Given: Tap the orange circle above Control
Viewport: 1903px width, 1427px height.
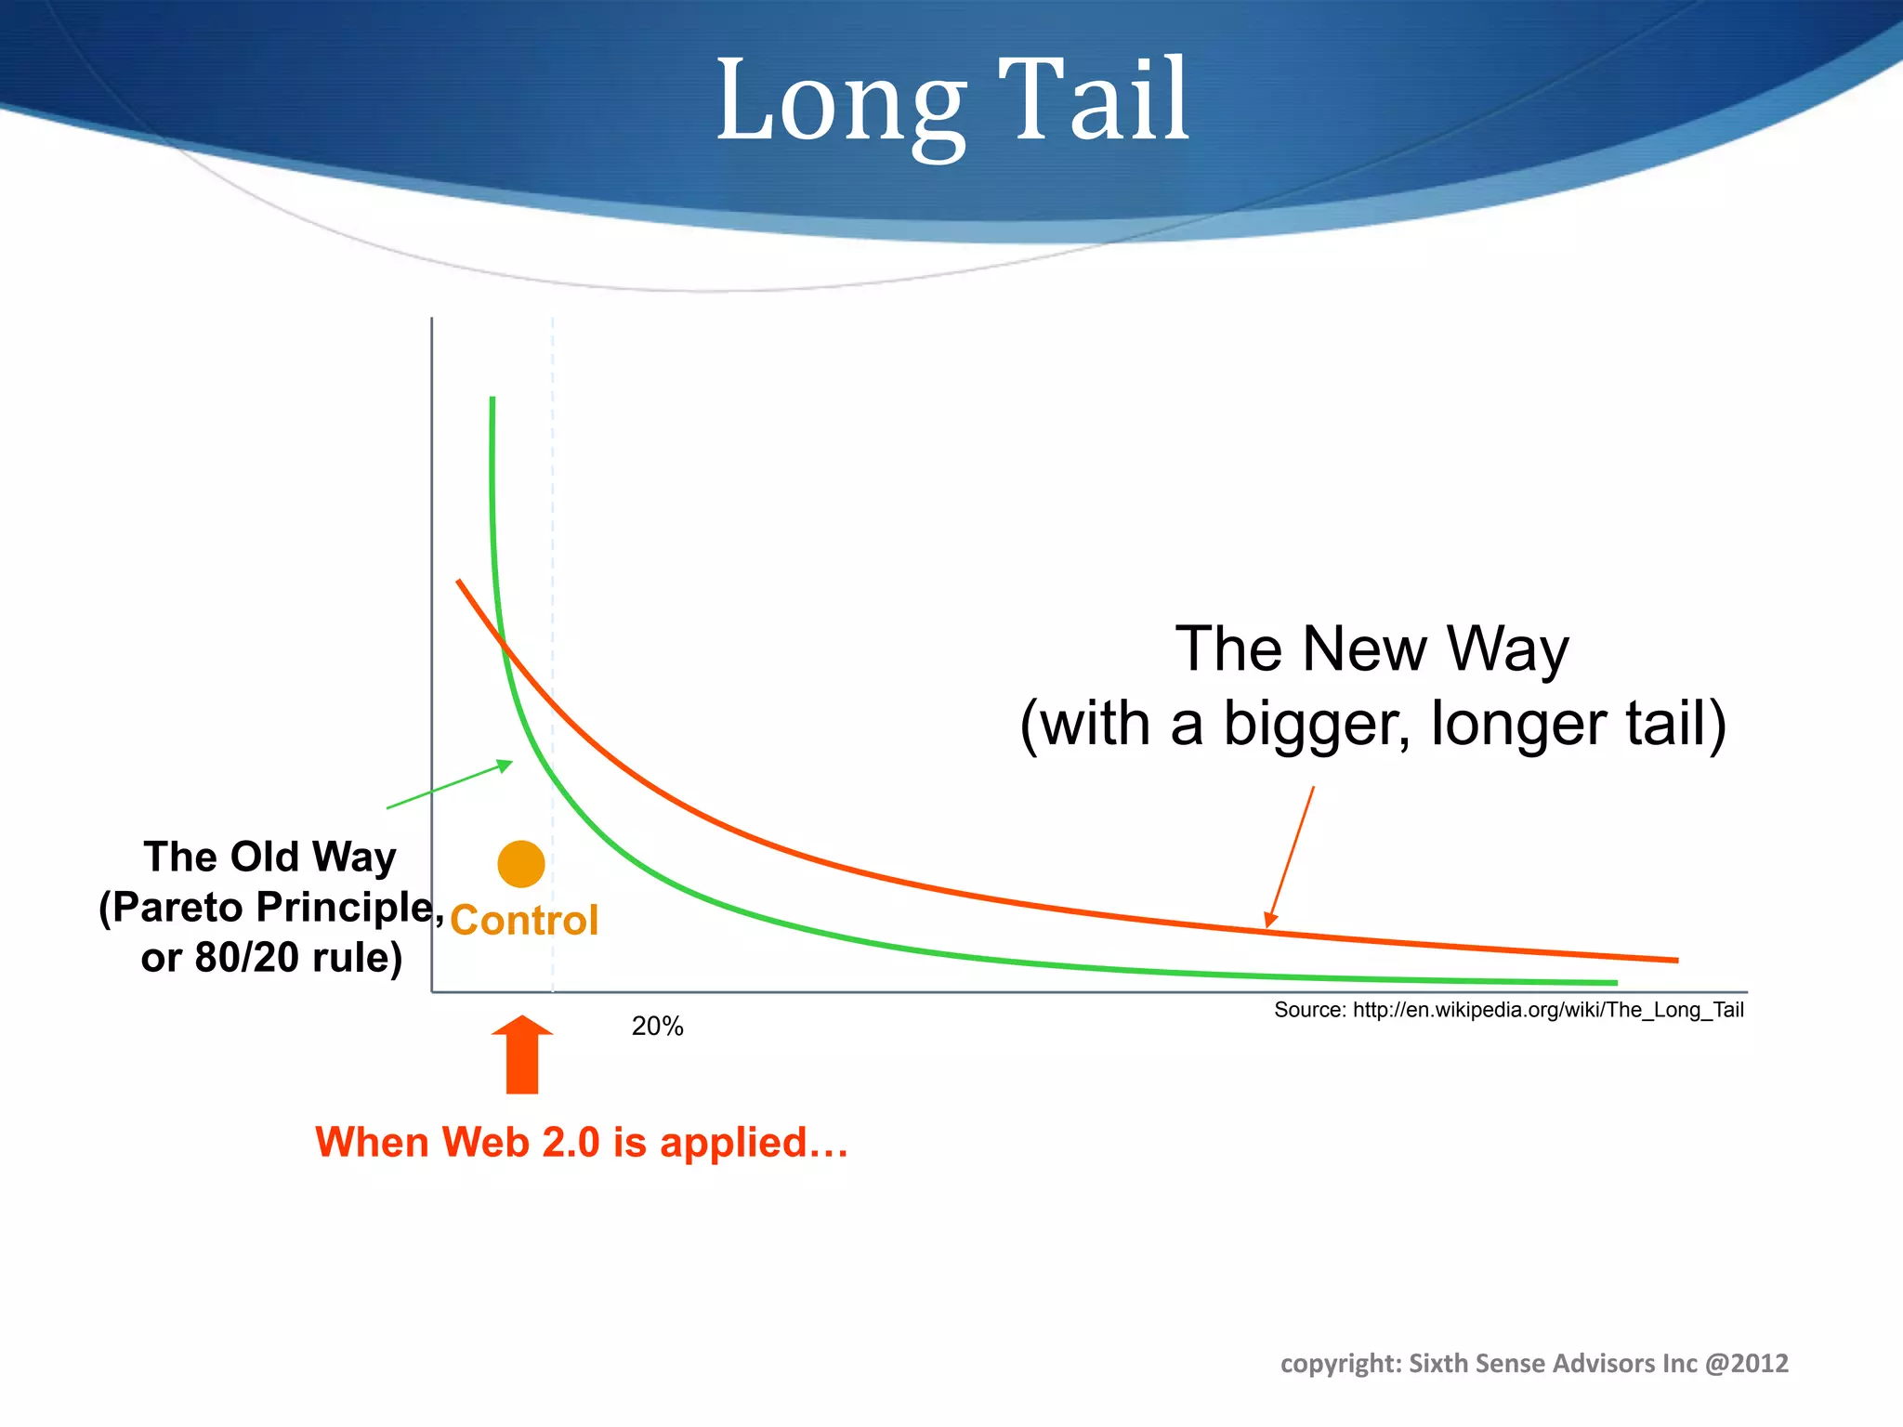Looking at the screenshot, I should point(520,864).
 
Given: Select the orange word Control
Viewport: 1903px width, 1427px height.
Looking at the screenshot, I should point(524,921).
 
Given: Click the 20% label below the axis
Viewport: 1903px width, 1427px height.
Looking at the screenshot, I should point(657,1027).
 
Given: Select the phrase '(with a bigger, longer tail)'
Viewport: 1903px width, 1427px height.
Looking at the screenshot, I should point(1372,724).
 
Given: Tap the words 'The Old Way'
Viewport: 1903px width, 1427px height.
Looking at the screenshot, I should point(269,857).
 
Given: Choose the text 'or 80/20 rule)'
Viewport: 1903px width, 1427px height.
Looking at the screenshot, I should point(271,958).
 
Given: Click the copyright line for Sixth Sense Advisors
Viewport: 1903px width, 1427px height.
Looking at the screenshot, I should point(1533,1363).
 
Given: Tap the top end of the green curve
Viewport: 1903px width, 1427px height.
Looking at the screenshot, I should point(492,399).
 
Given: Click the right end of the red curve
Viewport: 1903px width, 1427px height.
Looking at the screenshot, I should point(1675,960).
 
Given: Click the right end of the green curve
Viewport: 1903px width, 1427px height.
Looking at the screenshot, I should point(1615,982).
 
